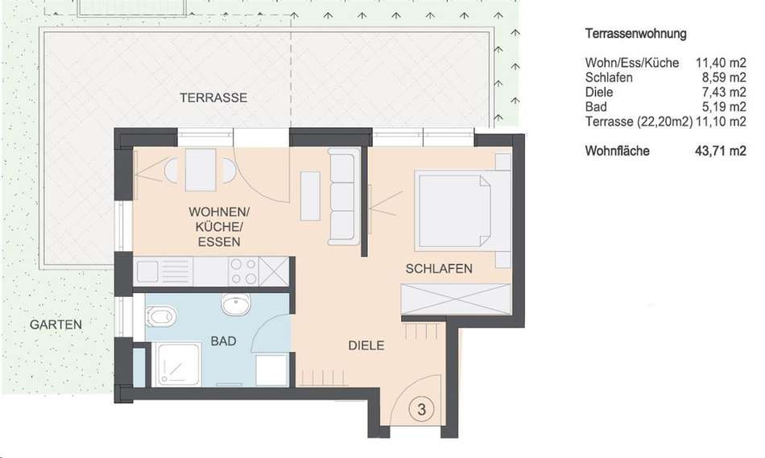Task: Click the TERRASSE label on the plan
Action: [213, 97]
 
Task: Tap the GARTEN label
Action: [56, 324]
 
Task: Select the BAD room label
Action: [223, 341]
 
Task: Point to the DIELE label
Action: [366, 345]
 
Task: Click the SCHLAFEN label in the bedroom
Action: [439, 268]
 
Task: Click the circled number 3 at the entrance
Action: [421, 409]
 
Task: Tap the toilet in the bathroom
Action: [160, 317]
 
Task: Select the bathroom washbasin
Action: [236, 304]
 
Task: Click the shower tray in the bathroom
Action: [176, 365]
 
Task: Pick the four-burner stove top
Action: [243, 271]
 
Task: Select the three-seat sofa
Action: [344, 196]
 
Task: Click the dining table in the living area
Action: [201, 170]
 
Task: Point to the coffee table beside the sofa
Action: [310, 196]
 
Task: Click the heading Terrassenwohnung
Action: [635, 34]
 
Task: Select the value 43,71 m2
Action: [721, 151]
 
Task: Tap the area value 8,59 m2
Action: [724, 77]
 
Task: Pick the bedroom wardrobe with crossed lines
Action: [455, 299]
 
